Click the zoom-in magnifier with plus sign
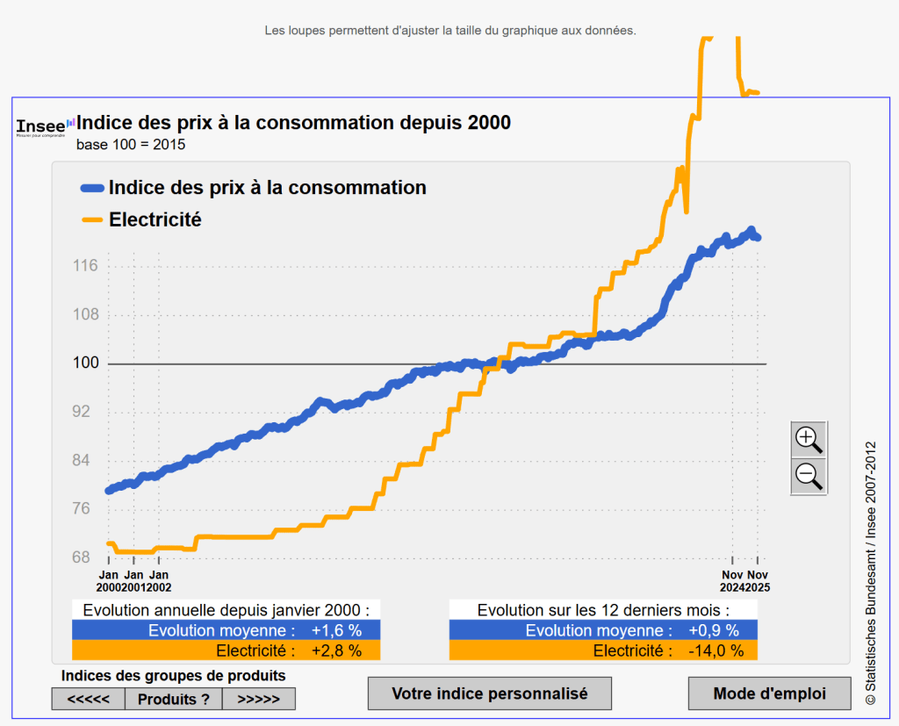(808, 439)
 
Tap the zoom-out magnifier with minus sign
(808, 476)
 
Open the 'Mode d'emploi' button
(769, 694)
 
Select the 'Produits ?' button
(174, 699)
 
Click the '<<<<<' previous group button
(89, 699)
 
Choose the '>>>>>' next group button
(258, 699)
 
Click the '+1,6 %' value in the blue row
(336, 630)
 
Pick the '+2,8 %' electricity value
(336, 651)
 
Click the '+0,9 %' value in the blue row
(714, 630)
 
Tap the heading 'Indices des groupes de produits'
(173, 675)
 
